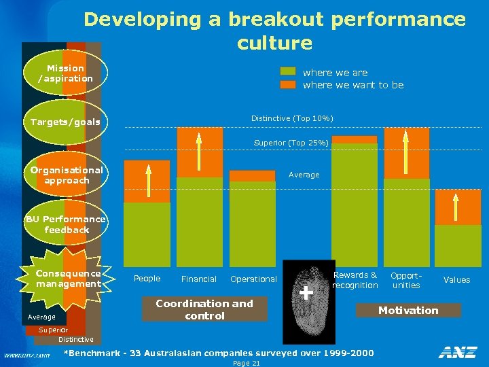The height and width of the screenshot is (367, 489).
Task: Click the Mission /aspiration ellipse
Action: pyautogui.click(x=66, y=73)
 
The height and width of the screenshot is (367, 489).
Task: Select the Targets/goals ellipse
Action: pyautogui.click(x=66, y=122)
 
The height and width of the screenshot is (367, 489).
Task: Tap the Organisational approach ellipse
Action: pyautogui.click(x=67, y=175)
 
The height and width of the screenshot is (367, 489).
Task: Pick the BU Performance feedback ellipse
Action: pyautogui.click(x=67, y=224)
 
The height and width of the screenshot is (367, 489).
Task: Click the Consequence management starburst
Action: pyautogui.click(x=68, y=279)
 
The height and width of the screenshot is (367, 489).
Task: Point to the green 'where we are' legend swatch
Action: pyautogui.click(x=289, y=72)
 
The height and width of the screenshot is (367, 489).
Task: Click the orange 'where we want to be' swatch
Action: pyautogui.click(x=289, y=85)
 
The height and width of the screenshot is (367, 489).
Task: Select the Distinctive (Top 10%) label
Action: pyautogui.click(x=292, y=118)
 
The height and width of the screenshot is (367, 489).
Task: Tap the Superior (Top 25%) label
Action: pyautogui.click(x=291, y=143)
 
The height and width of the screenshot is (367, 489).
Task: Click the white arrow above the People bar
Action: pyautogui.click(x=147, y=181)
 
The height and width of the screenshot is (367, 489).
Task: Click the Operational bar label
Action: pyautogui.click(x=253, y=279)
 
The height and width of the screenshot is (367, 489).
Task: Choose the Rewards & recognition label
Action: pyautogui.click(x=355, y=280)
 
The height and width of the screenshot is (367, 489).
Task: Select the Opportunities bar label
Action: pyautogui.click(x=406, y=280)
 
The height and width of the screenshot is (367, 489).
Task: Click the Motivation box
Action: pyautogui.click(x=408, y=311)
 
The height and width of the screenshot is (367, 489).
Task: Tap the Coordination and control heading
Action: pyautogui.click(x=204, y=310)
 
